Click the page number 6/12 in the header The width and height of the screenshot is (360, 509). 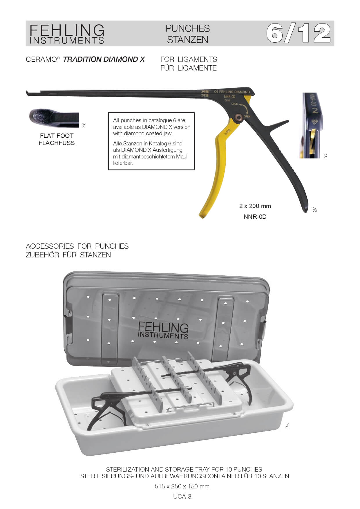tap(299, 33)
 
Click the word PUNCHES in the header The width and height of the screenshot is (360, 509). tap(188, 28)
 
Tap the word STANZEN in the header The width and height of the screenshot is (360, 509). tap(188, 40)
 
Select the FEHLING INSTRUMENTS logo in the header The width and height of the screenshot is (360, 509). tap(67, 34)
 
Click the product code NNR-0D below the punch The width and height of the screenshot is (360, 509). tap(255, 217)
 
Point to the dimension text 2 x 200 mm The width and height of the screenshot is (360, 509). tap(255, 206)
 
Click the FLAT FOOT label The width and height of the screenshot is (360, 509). tap(57, 136)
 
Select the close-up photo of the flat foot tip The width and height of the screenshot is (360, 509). tap(54, 118)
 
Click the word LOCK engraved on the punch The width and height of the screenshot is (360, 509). tap(234, 104)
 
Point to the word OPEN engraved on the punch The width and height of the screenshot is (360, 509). tap(247, 116)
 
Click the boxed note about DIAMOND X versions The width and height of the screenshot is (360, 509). tap(151, 141)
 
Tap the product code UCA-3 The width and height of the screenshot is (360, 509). tap(182, 496)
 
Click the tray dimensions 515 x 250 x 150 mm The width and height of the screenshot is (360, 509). tap(182, 486)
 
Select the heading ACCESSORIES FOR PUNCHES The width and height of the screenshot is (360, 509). tap(77, 246)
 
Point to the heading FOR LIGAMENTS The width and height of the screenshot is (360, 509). tap(189, 59)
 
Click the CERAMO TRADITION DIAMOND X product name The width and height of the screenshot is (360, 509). tap(85, 59)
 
